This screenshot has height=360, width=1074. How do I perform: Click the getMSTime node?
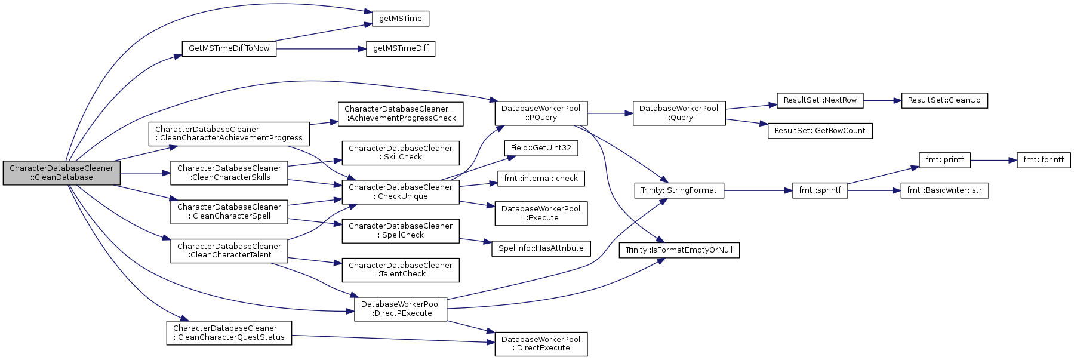(400, 19)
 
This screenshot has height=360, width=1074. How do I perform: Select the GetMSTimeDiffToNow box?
(229, 48)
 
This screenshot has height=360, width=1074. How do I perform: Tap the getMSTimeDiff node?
(401, 48)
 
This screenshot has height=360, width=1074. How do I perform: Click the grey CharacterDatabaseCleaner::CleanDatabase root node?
(61, 173)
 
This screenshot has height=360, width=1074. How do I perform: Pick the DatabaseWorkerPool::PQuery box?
(541, 113)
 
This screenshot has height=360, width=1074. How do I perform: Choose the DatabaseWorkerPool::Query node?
(679, 113)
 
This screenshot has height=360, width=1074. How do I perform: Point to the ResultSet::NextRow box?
(820, 100)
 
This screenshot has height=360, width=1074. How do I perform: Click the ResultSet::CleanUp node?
(944, 100)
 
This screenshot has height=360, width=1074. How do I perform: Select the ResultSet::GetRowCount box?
(820, 131)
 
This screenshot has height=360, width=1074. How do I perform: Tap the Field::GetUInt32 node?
(541, 148)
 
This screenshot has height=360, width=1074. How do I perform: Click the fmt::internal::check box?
(541, 179)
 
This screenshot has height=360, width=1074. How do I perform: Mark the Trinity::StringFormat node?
(679, 190)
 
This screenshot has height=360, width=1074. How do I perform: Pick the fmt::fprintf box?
(1044, 160)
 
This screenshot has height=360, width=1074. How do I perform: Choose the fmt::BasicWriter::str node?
(944, 190)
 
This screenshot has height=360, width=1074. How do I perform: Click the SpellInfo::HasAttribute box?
(541, 248)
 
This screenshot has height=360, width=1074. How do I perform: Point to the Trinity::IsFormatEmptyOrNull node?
(679, 250)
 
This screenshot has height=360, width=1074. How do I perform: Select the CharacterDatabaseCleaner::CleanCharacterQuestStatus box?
(229, 333)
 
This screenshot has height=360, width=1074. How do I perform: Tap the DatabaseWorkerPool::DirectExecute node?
(541, 344)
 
